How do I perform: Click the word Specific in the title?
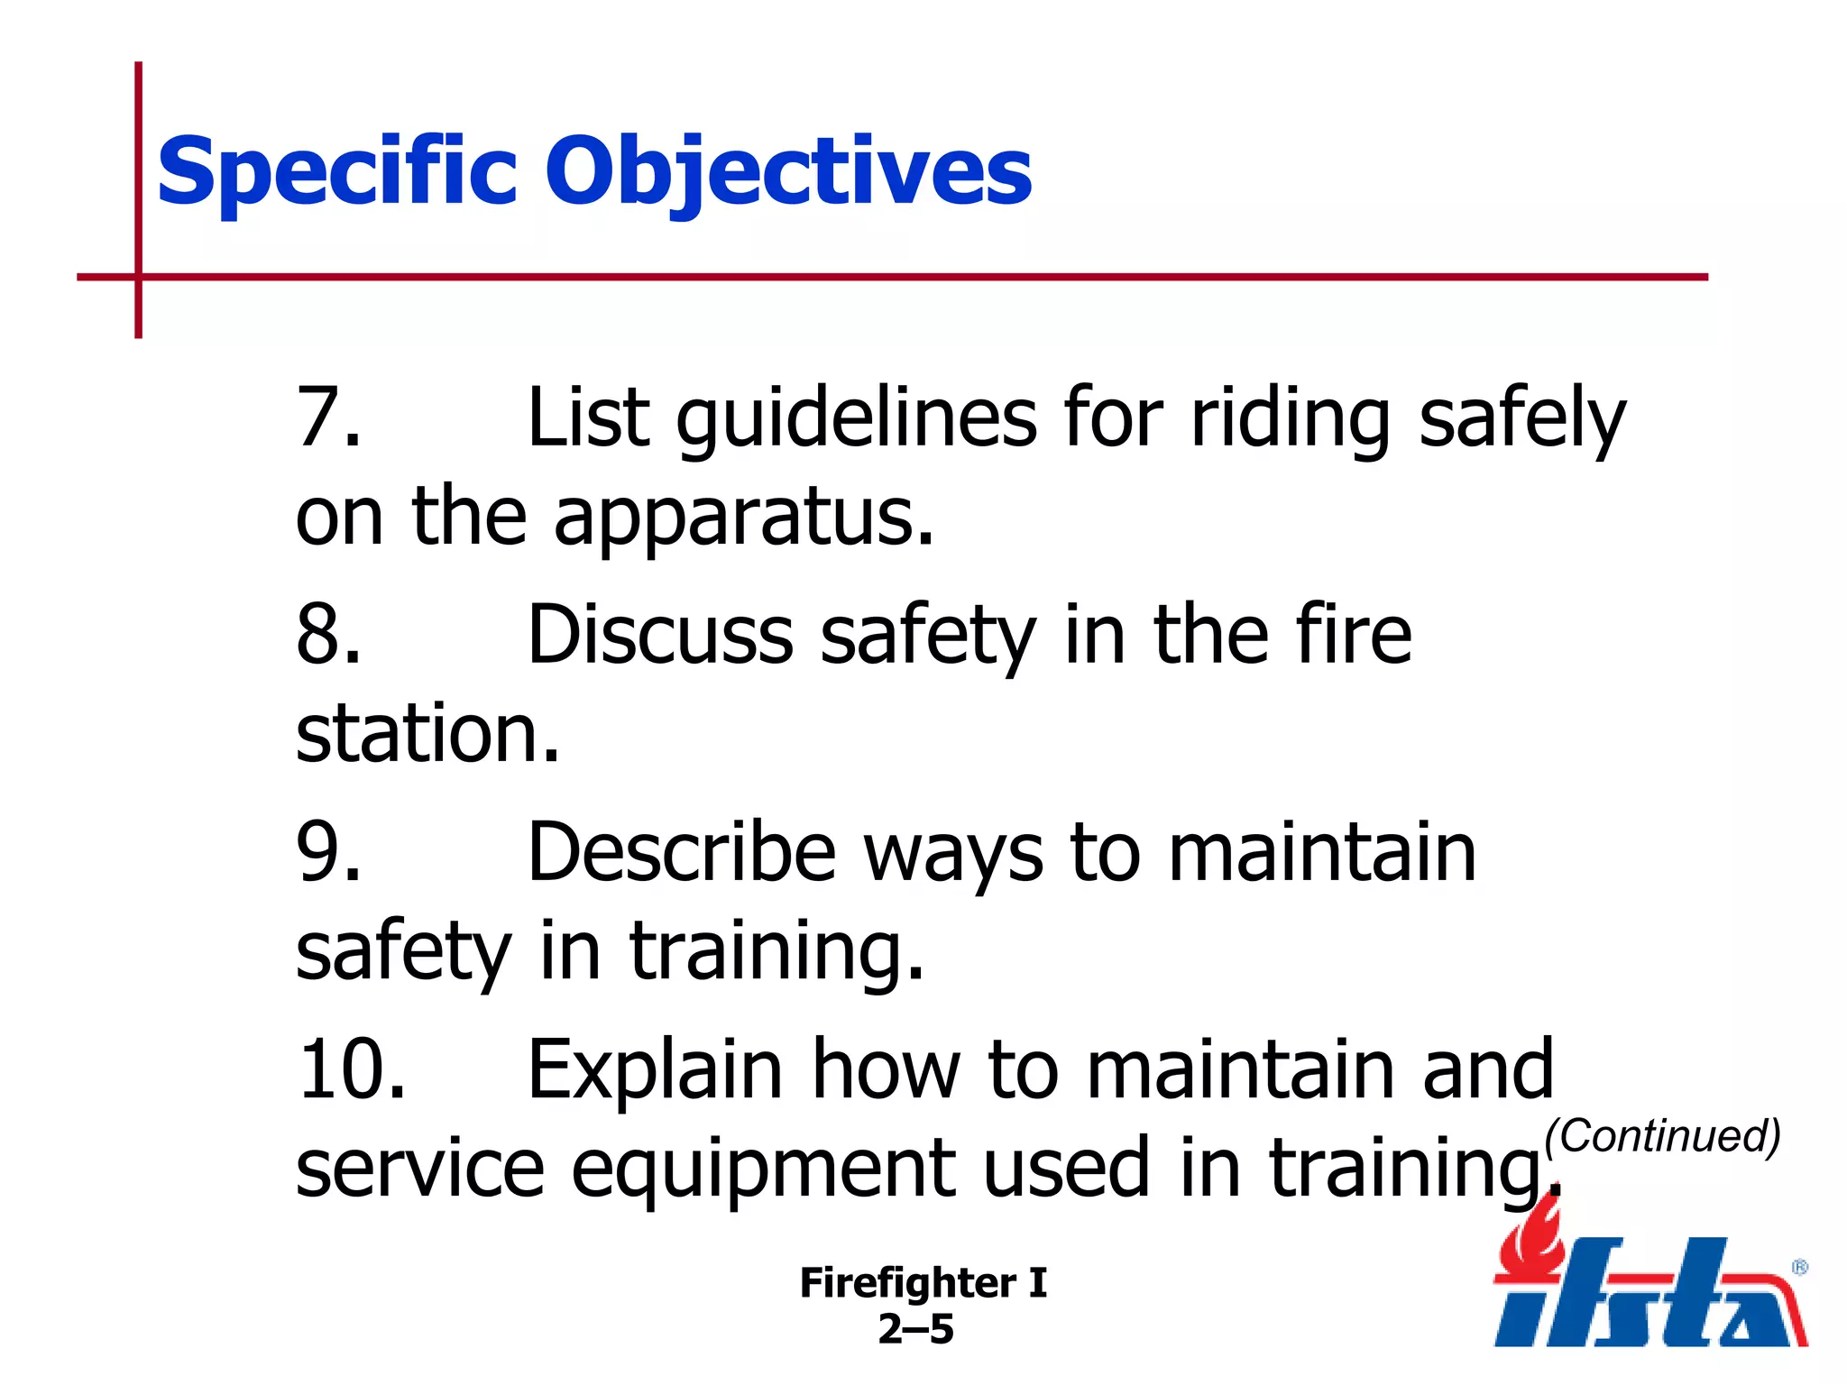[x=335, y=171]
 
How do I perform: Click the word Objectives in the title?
[x=788, y=171]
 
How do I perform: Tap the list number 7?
[x=326, y=417]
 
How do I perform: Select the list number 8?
[x=326, y=635]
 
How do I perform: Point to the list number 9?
[x=326, y=852]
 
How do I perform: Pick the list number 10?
[x=350, y=1069]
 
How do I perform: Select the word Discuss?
[x=659, y=635]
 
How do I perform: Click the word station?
[x=427, y=733]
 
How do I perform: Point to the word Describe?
[x=682, y=852]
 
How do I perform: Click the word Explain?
[x=655, y=1071]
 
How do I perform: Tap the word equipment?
[x=763, y=1170]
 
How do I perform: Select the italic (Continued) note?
[x=1662, y=1136]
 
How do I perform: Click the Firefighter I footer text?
[x=923, y=1283]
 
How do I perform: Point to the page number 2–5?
[x=915, y=1329]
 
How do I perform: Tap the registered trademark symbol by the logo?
[x=1799, y=1267]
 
